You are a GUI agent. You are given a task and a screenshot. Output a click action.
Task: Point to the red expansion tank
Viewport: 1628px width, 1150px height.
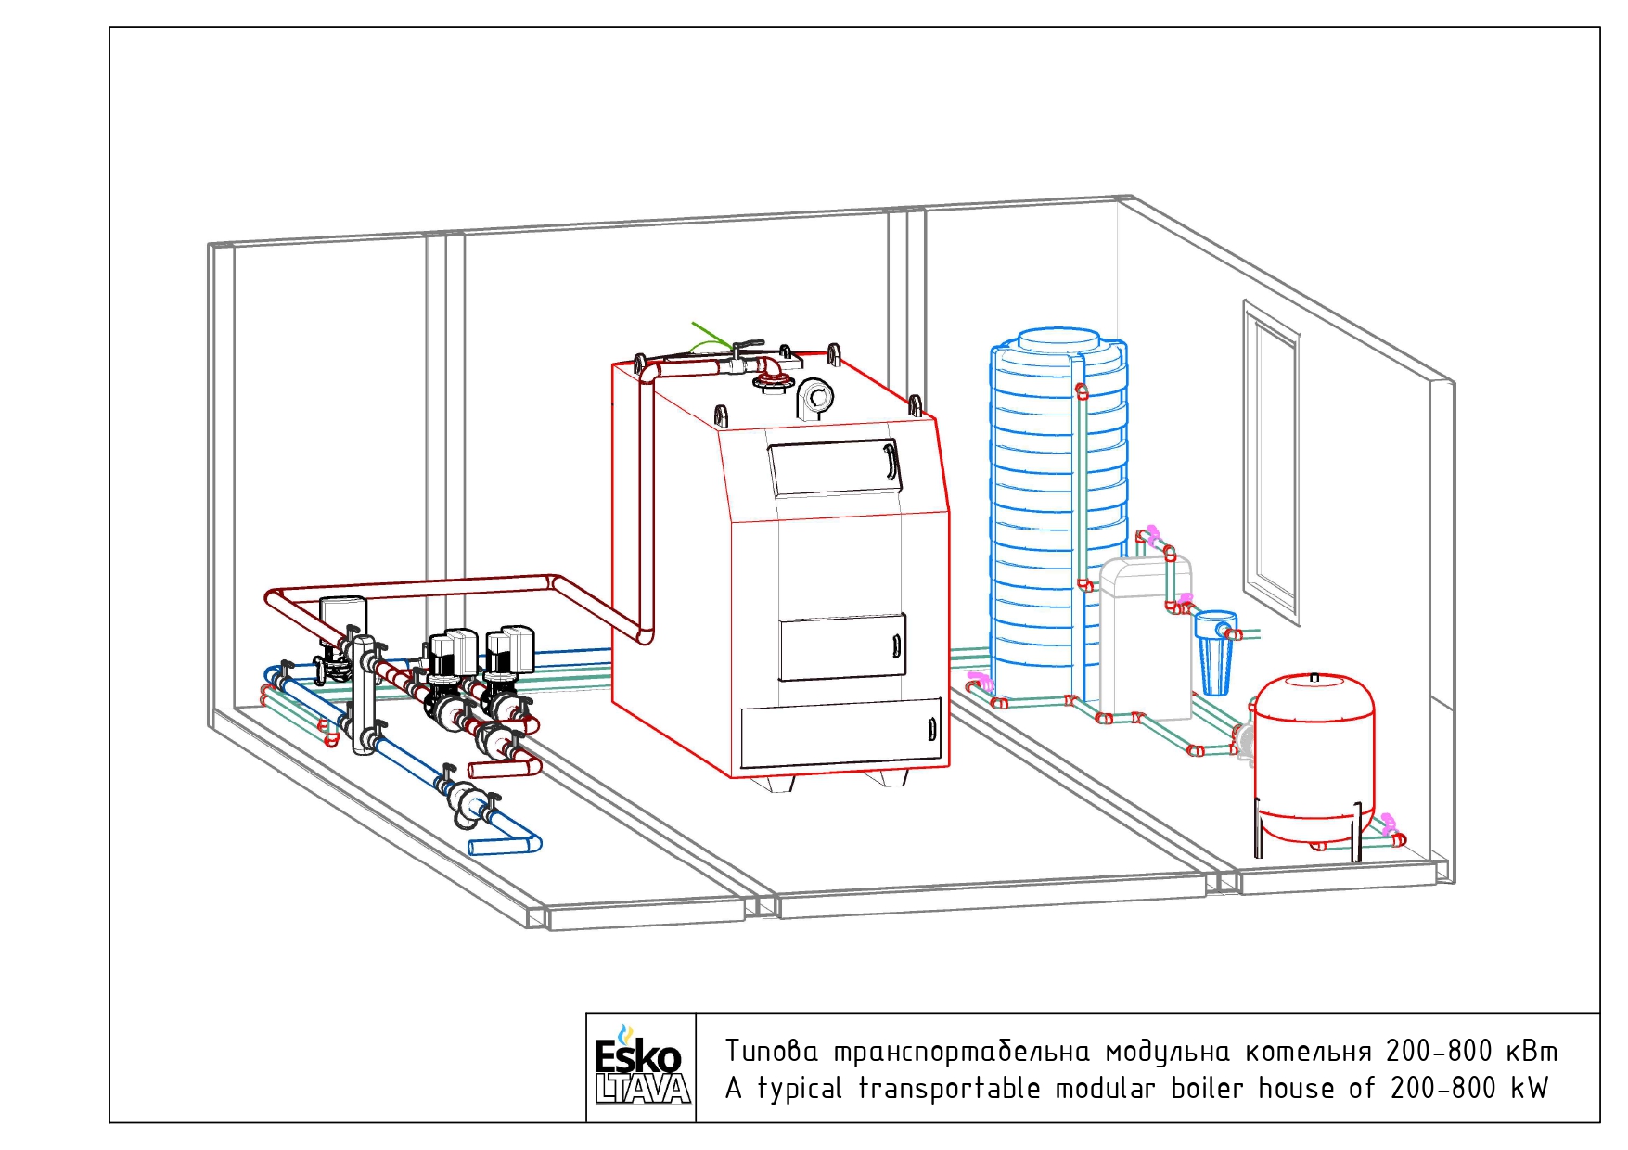[1314, 760]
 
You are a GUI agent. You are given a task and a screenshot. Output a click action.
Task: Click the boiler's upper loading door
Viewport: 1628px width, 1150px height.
[835, 466]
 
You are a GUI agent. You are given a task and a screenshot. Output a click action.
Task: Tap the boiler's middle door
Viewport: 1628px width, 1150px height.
[842, 646]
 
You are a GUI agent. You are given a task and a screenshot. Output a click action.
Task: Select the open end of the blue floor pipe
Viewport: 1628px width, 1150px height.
[471, 847]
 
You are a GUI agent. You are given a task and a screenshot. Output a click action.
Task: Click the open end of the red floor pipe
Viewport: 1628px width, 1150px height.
[472, 770]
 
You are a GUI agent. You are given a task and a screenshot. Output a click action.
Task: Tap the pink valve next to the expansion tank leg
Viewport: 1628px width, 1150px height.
[1388, 823]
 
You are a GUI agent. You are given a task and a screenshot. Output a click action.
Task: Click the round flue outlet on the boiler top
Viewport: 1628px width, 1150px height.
[815, 399]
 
